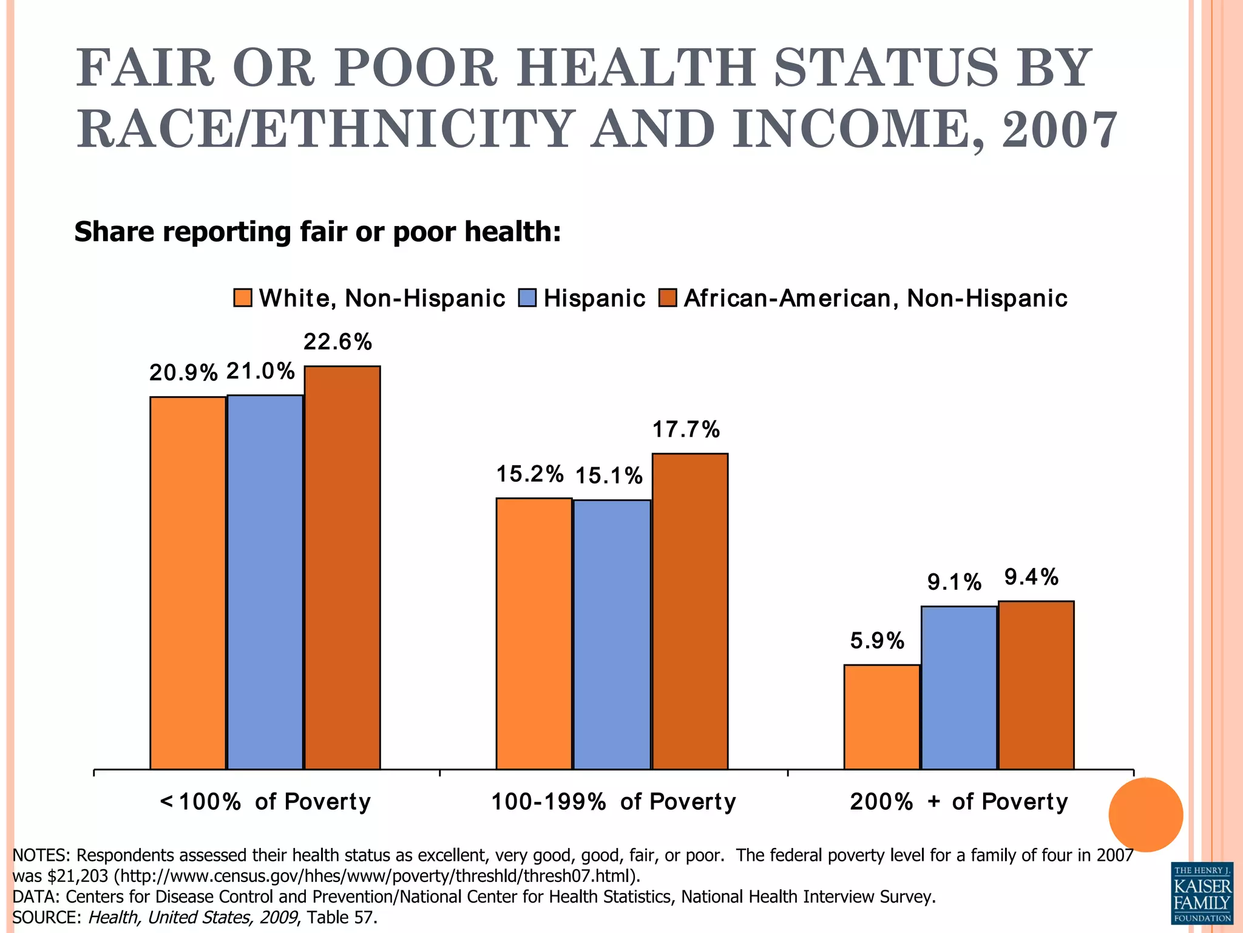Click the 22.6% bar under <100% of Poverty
pos(342,567)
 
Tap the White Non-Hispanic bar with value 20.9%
pos(188,583)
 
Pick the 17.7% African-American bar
pos(690,611)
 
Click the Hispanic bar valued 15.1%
pos(612,634)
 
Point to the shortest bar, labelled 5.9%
pos(882,717)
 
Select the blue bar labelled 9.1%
pos(959,688)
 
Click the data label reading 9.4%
pos(1031,577)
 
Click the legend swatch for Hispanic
pos(527,298)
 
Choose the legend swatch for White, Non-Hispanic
pos(243,298)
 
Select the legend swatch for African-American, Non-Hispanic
pos(668,298)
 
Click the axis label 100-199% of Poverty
pos(613,802)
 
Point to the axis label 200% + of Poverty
pos(958,802)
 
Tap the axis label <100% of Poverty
pos(265,802)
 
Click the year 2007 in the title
pos(1058,129)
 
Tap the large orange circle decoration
pos(1145,815)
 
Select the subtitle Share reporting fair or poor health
pos(317,232)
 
